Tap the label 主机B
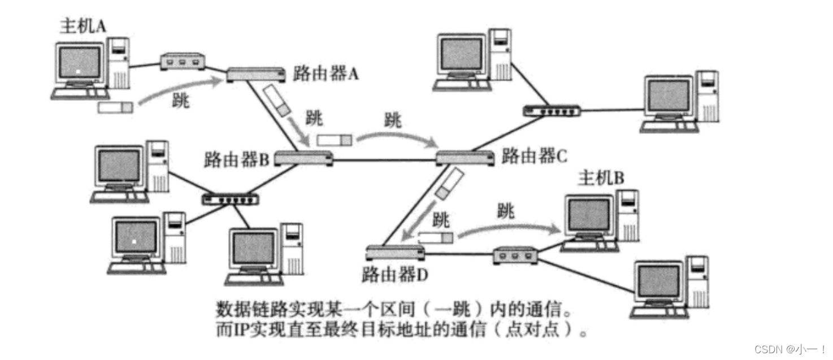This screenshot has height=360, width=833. (x=600, y=179)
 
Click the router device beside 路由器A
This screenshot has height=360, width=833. (x=256, y=74)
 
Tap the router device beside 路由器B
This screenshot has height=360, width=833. (x=303, y=159)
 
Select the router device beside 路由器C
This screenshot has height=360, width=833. (x=465, y=158)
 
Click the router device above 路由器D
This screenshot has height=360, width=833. (x=394, y=253)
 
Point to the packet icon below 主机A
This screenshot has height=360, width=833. (x=115, y=107)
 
